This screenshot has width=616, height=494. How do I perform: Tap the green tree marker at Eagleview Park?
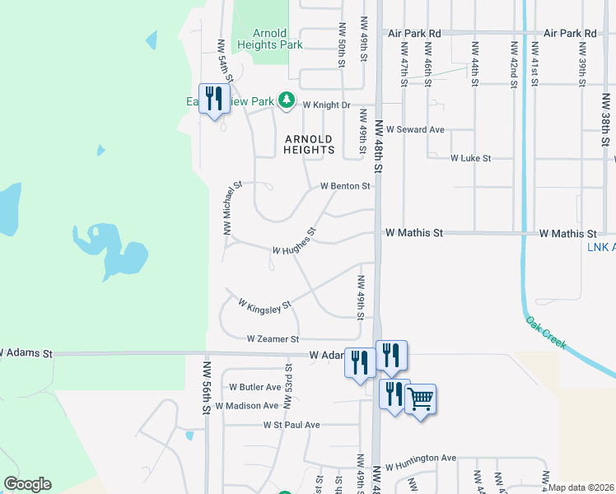tap(286, 101)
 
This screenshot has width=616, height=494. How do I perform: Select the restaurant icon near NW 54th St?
tap(214, 98)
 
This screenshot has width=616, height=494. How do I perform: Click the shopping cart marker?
tap(421, 399)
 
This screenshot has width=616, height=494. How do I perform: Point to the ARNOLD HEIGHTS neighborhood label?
tap(309, 144)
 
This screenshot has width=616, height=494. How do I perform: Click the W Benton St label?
tap(345, 186)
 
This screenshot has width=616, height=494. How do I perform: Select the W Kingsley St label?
tap(265, 305)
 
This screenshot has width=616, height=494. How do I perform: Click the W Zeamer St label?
tap(273, 338)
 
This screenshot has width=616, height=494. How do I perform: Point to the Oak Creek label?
tap(546, 332)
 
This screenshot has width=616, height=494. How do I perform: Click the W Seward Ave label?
tap(420, 130)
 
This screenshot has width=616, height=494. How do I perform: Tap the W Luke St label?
tap(470, 158)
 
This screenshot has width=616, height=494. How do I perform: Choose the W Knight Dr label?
tap(326, 105)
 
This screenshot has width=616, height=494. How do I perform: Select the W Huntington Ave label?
tap(420, 458)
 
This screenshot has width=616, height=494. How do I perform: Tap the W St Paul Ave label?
tap(292, 425)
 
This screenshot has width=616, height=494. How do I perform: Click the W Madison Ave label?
tap(247, 406)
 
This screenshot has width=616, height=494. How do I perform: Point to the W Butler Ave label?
tap(255, 386)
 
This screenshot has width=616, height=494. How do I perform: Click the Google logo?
tap(27, 484)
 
